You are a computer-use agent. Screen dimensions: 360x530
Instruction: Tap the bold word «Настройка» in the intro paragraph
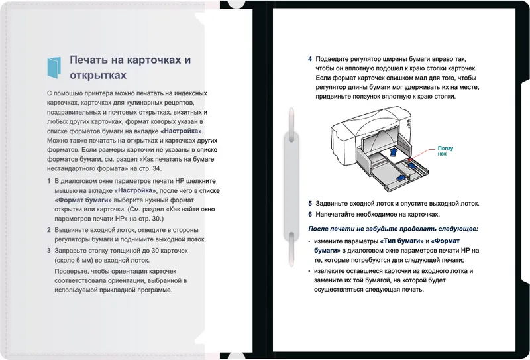183,131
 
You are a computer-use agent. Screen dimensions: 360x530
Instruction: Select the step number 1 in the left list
48,181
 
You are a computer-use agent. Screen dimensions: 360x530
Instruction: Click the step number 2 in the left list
48,230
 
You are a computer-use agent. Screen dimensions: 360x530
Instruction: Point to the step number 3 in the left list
48,251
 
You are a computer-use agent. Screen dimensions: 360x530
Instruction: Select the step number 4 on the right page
310,58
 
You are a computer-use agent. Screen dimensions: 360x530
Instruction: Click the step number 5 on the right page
310,204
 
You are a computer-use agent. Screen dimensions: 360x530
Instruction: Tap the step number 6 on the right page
310,215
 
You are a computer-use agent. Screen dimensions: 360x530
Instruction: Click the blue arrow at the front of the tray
401,178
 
